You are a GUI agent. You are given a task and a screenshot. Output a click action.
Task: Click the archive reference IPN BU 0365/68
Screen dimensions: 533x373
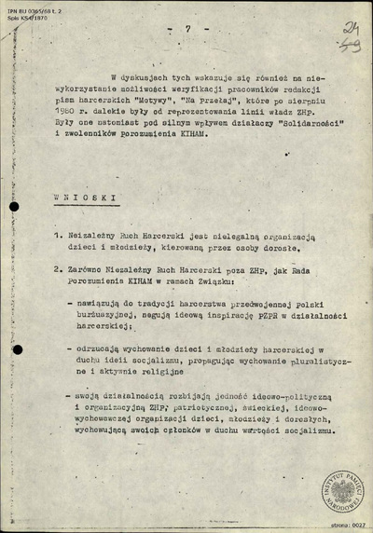pos(35,6)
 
